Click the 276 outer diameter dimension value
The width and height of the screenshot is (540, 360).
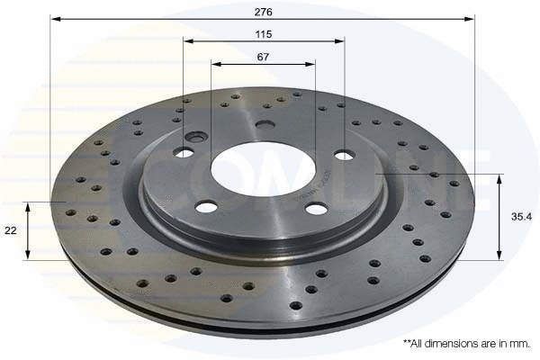[262, 12]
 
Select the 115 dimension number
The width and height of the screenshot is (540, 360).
[263, 34]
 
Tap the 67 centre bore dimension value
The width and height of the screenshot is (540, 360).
[263, 57]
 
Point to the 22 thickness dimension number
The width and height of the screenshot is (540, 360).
[11, 231]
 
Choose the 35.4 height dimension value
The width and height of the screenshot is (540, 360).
[520, 217]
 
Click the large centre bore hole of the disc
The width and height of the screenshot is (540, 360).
[263, 166]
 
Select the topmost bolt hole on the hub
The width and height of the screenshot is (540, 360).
[265, 125]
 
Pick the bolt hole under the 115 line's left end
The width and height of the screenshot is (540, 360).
[184, 152]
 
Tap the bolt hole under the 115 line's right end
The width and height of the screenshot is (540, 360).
[344, 155]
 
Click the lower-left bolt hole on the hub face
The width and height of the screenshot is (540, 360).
[206, 207]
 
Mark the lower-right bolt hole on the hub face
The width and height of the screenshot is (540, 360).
[316, 209]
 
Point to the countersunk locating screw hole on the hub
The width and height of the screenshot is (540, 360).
[196, 137]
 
